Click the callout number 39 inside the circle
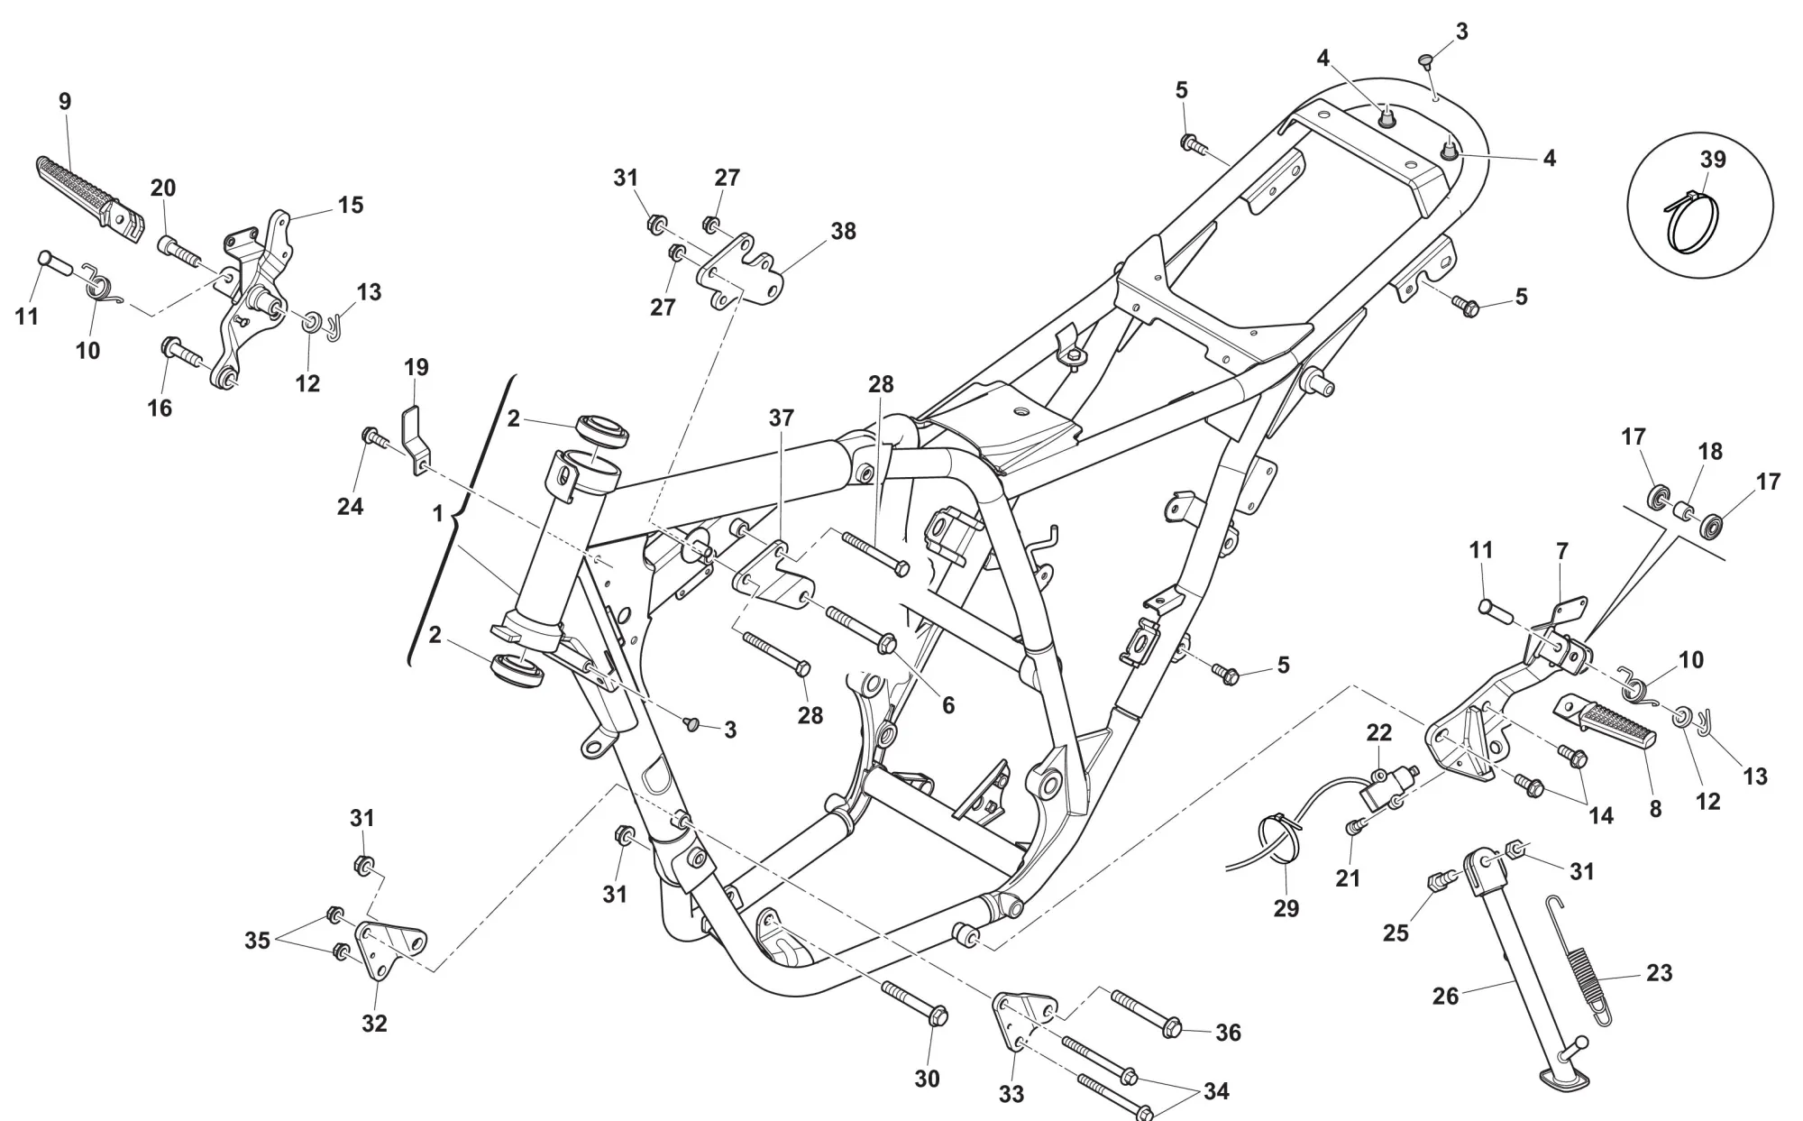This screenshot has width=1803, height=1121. tap(1712, 159)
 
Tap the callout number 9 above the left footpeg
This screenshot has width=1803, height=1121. tap(65, 101)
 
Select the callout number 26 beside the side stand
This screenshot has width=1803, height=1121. tap(1445, 996)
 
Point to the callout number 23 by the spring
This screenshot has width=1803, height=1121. tap(1659, 973)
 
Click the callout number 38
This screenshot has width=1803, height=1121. tap(843, 231)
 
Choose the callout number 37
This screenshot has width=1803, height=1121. tap(782, 418)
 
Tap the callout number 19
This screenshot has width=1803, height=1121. tap(416, 367)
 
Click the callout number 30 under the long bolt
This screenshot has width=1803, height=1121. tap(927, 1078)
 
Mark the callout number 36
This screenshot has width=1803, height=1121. tap(1228, 1033)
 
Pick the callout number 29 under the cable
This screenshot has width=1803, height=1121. tap(1286, 908)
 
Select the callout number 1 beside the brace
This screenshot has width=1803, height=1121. tap(438, 514)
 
